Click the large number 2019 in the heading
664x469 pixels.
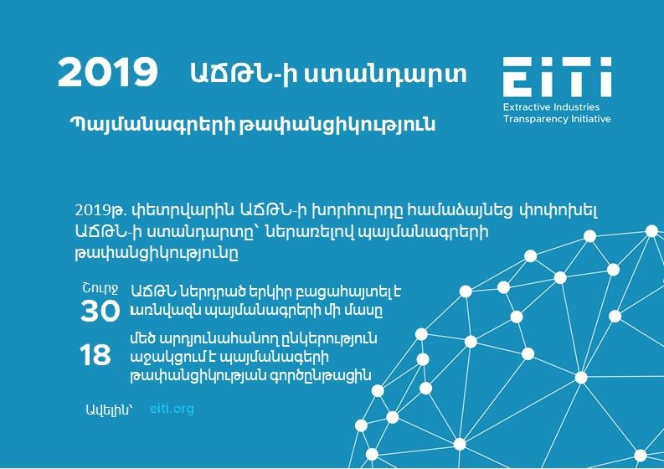coord(107,73)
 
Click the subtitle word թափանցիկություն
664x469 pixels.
coord(337,125)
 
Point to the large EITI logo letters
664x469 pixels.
coord(558,77)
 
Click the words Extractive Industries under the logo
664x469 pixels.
coord(551,106)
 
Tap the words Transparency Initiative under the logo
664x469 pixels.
coord(557,119)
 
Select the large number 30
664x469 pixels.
coord(100,312)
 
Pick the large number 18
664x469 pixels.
coord(95,355)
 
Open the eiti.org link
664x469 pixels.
coord(172,409)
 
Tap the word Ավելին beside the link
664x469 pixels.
coord(109,410)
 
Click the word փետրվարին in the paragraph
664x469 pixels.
coord(183,209)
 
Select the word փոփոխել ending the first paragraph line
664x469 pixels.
coord(558,210)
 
